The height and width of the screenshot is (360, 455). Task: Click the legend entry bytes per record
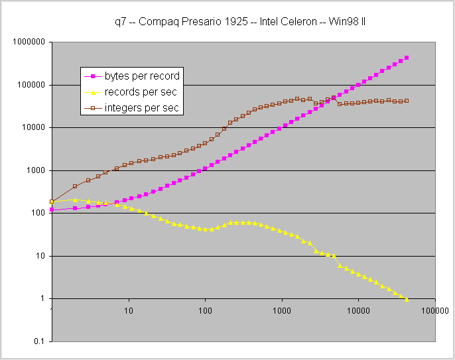click(143, 76)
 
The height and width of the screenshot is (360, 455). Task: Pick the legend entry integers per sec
click(143, 107)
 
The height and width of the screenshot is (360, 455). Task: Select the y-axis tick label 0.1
click(39, 341)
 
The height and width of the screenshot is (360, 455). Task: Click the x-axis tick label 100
click(205, 310)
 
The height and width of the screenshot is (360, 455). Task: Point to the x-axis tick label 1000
click(281, 310)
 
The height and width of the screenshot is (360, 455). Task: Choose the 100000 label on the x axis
click(435, 310)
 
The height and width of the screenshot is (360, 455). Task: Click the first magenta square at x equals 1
click(52, 210)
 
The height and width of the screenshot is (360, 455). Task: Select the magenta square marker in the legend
click(94, 76)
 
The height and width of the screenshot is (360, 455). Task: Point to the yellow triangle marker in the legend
click(94, 92)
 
